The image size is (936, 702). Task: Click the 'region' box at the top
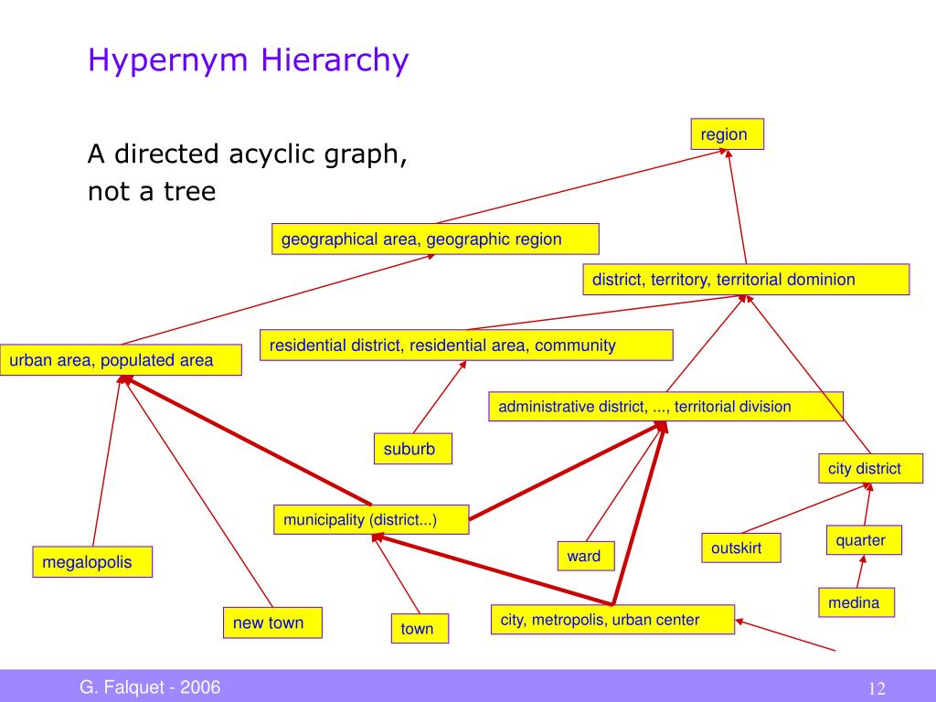point(726,134)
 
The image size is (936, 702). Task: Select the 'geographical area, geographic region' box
point(435,239)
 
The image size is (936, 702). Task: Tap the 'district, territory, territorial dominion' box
point(746,280)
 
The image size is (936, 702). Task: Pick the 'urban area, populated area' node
point(122,360)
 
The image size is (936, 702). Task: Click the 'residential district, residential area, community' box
point(466,346)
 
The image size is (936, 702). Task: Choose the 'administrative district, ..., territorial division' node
point(665,407)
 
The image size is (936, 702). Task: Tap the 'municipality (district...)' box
point(371,520)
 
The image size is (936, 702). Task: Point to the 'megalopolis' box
point(92,562)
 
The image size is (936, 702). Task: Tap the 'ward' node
point(585,556)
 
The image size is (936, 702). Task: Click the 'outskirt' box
point(740,548)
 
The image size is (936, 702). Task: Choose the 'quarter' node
point(863,540)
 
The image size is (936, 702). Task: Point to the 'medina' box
point(856,602)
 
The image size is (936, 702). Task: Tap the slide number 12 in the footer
point(877,688)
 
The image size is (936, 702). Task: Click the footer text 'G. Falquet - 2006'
point(150,687)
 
